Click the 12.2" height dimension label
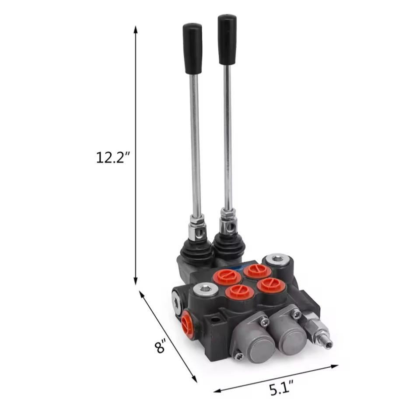(113, 158)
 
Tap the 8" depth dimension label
(161, 346)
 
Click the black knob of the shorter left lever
(193, 48)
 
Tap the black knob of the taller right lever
(227, 39)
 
